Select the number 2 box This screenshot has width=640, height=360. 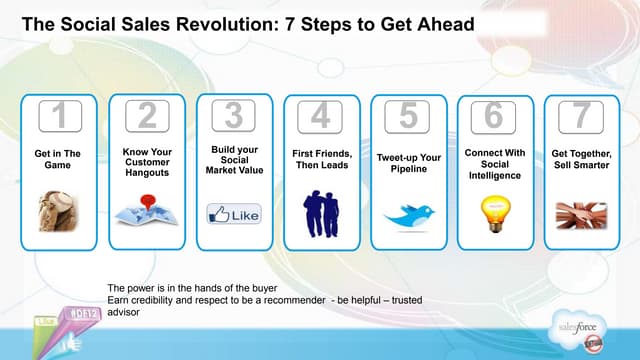point(146,117)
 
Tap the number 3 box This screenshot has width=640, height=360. point(233,116)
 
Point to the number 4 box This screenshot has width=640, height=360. point(321,117)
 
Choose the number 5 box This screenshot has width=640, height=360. point(408,117)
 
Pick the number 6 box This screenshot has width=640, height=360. point(494,117)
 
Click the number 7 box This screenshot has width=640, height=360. point(582,117)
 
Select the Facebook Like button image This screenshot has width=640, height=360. point(233,213)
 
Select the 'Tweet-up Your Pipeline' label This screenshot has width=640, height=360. point(408,164)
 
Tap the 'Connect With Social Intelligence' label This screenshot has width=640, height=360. point(494,164)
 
